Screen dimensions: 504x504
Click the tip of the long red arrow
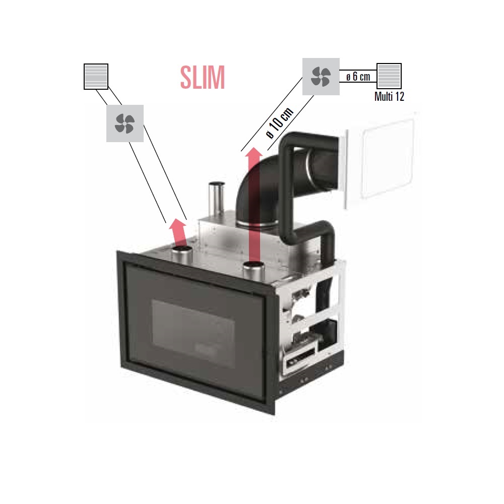255,147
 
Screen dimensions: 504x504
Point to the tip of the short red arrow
177,219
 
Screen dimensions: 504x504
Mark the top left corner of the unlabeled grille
84,65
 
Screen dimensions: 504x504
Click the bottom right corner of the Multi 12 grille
401,89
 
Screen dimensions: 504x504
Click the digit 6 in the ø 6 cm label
355,77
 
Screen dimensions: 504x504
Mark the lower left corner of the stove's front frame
121,367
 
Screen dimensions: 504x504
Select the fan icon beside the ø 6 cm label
321,77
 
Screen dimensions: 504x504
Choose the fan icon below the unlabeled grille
124,123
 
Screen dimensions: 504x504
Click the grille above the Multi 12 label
389,76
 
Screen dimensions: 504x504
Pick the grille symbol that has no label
96,77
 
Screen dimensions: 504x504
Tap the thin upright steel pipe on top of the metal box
216,200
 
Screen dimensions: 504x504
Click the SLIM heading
202,78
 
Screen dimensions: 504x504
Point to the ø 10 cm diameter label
280,123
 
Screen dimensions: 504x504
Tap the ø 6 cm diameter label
358,77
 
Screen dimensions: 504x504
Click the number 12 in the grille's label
399,96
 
